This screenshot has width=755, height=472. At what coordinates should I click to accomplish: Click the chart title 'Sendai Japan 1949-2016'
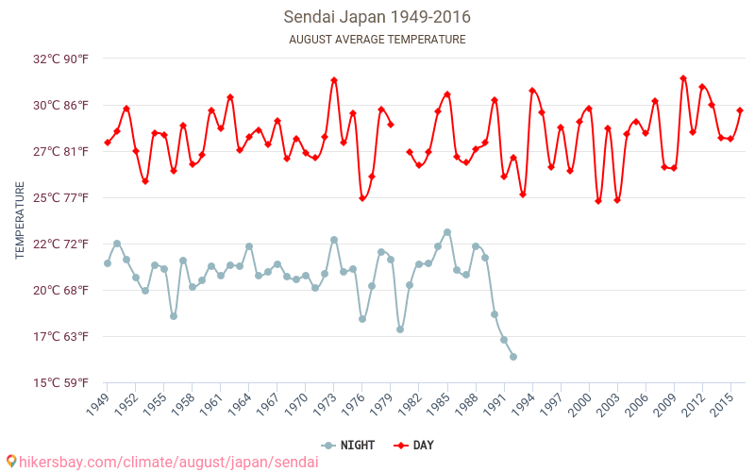click(377, 17)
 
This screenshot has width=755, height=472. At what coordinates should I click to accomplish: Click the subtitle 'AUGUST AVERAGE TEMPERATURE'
click(377, 40)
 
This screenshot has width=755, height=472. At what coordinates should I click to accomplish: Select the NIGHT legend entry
click(350, 445)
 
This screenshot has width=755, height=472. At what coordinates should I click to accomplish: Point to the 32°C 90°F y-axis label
click(61, 59)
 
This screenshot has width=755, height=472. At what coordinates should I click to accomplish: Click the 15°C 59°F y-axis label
click(61, 382)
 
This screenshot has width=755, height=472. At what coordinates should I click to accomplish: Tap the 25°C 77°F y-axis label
click(61, 197)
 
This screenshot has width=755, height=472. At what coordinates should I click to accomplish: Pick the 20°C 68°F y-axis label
click(61, 290)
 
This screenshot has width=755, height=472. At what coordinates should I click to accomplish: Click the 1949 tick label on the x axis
click(98, 405)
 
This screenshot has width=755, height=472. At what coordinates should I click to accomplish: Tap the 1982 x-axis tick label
click(411, 405)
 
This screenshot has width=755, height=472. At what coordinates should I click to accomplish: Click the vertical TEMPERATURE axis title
click(20, 221)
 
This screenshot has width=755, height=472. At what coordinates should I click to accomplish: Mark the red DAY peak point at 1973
click(334, 80)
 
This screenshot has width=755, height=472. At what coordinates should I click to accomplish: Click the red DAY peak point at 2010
click(683, 78)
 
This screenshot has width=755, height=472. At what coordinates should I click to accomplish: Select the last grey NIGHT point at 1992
click(513, 357)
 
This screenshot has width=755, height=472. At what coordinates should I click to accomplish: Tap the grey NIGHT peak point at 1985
click(447, 232)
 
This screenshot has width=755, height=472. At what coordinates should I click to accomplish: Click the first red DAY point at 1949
click(108, 143)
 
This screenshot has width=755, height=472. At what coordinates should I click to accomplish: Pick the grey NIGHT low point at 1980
click(400, 329)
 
